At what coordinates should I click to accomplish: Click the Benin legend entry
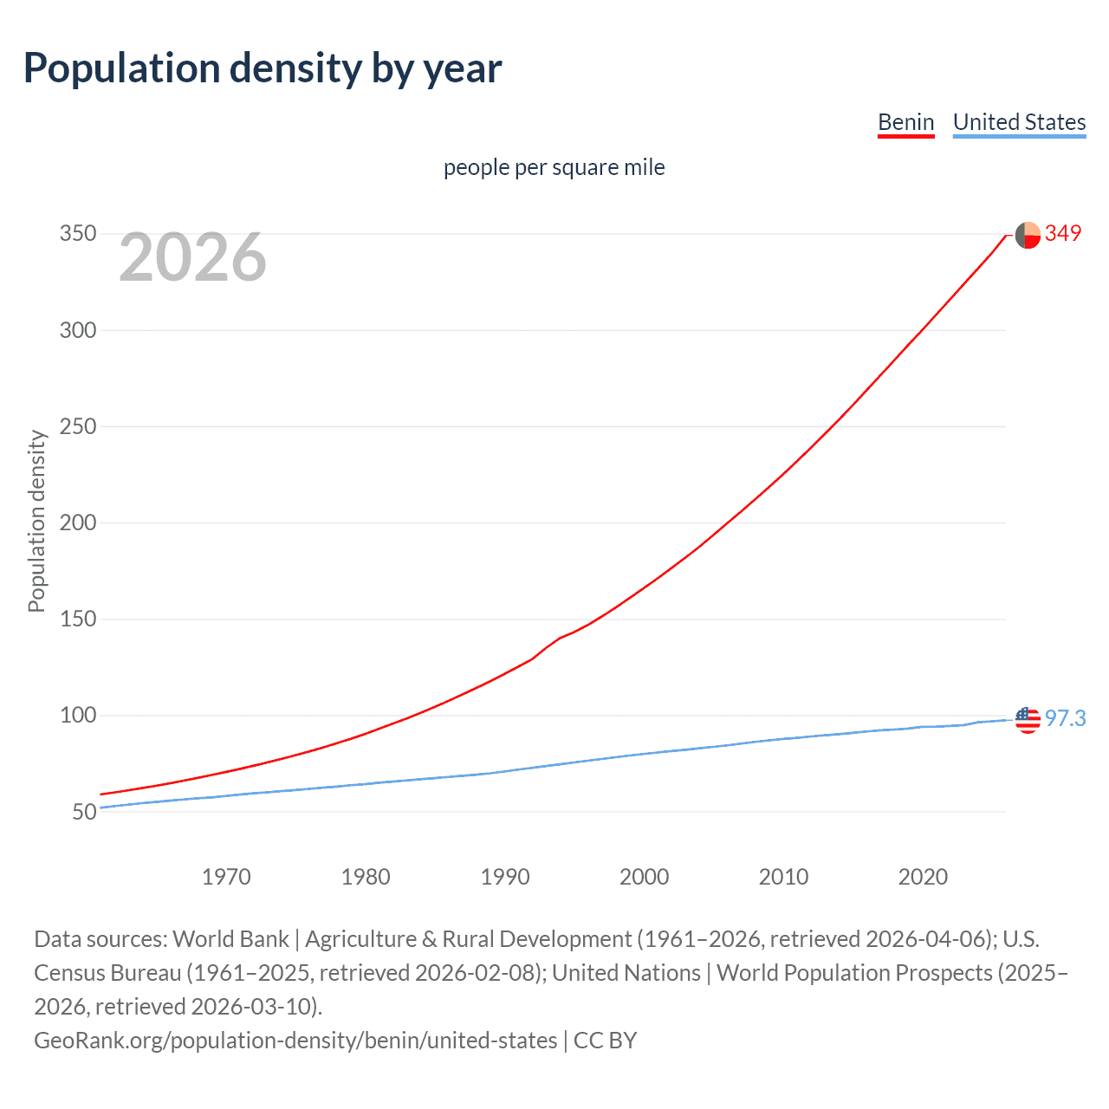pos(905,122)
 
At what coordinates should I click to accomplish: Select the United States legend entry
pos(1019,122)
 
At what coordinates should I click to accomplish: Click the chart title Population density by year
pos(263,68)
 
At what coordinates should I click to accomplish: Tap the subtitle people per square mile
pos(554,167)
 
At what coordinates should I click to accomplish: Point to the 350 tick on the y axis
pos(78,234)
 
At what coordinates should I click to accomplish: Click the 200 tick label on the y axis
pos(78,522)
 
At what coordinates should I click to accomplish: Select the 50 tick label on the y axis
pos(84,812)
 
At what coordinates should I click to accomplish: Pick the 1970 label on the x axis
pos(226,877)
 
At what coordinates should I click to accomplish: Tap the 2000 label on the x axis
pos(644,877)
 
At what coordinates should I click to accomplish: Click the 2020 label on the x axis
pos(923,877)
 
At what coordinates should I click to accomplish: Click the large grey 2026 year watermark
pos(192,257)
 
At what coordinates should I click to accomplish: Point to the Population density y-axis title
pos(36,522)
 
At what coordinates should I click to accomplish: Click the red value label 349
pos(1063,233)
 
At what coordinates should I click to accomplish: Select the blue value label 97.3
pos(1065,718)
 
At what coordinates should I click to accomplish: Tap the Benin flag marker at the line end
pos(1028,235)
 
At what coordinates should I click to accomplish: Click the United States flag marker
pos(1028,720)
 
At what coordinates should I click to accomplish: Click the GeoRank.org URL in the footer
pos(295,1040)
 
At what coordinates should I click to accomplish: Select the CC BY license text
pos(606,1040)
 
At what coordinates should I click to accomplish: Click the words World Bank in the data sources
pos(230,939)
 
